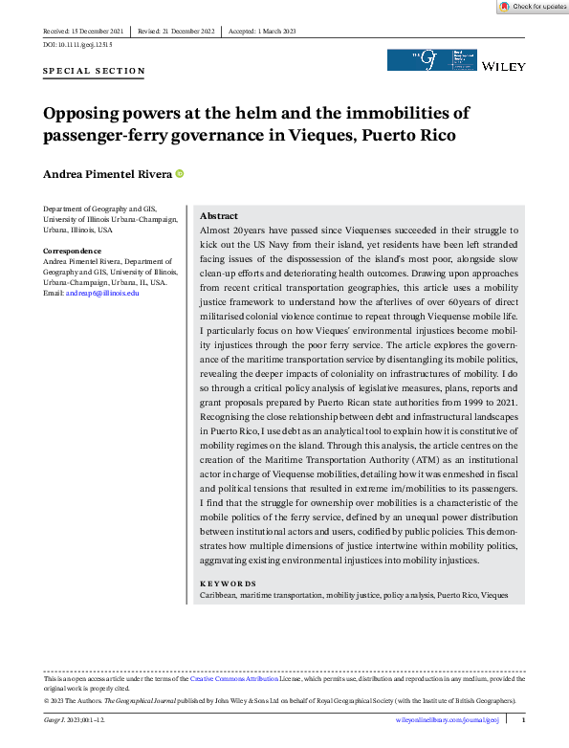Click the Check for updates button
(533, 7)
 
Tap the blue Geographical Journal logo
(430, 59)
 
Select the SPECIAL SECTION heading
(95, 71)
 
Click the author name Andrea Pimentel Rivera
(107, 174)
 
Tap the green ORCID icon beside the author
(179, 174)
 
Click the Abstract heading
(219, 216)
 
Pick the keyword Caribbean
(221, 595)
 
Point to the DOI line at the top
(78, 45)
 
